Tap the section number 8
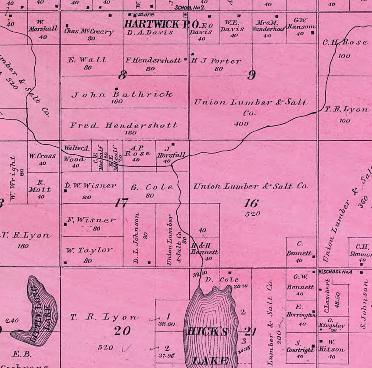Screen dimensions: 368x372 (122, 75)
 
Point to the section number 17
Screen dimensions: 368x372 (121, 203)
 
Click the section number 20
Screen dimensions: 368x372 (123, 331)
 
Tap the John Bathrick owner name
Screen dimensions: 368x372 (122, 94)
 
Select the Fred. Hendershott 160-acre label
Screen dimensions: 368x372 (123, 125)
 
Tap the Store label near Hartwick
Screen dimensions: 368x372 (146, 14)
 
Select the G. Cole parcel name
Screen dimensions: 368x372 (152, 187)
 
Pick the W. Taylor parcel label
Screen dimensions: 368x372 (89, 250)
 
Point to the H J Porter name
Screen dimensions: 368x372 (216, 61)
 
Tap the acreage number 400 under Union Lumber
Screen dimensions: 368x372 (241, 124)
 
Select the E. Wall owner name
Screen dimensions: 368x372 (87, 60)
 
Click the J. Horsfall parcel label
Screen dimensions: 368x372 (171, 153)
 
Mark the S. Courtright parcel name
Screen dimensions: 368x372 (300, 347)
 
